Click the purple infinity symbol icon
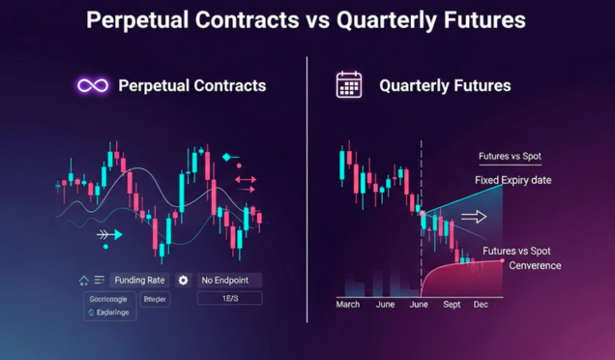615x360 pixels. tap(93, 85)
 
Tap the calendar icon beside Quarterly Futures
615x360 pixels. tap(348, 85)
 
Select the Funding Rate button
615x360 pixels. tap(140, 280)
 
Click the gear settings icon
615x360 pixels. tap(184, 280)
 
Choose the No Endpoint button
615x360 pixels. tap(228, 280)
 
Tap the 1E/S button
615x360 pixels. tap(228, 299)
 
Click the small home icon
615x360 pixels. tap(84, 281)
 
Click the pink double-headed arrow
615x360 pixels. tap(245, 179)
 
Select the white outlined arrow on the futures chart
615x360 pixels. tap(474, 217)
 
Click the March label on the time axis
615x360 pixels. tap(348, 305)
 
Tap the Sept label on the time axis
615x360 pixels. tap(452, 305)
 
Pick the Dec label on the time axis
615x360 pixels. tap(481, 305)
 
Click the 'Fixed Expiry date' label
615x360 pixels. tap(512, 181)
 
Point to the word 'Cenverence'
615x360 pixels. tap(535, 265)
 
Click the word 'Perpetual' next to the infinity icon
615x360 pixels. tap(153, 85)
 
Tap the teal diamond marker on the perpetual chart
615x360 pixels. tap(228, 156)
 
